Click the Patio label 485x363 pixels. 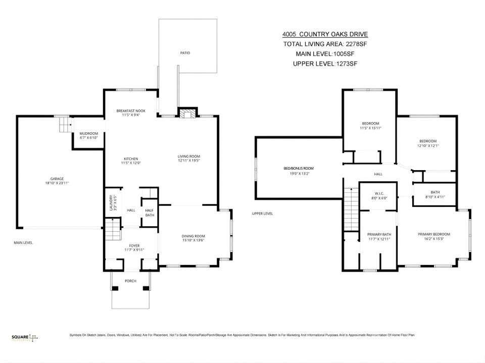(x=186, y=53)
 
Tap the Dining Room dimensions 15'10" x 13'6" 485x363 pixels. (x=193, y=240)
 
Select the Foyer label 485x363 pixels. (x=134, y=245)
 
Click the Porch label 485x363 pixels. (x=130, y=281)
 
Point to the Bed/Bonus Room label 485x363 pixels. (x=298, y=168)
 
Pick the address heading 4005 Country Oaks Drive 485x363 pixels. (x=325, y=34)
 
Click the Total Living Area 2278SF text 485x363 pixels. (x=325, y=44)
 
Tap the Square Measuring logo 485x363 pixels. (x=25, y=337)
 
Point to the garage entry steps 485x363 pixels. (x=63, y=124)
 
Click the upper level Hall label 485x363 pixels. (x=378, y=174)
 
